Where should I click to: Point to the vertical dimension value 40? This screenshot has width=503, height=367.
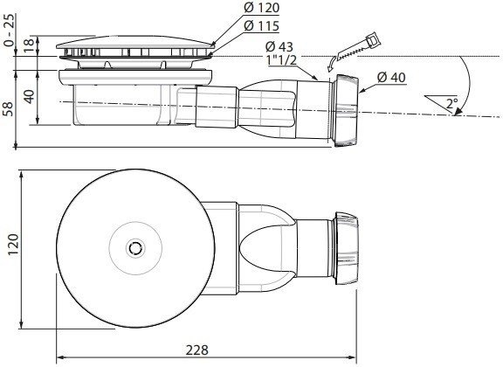point(31,93)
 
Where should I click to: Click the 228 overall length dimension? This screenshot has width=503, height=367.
point(198,349)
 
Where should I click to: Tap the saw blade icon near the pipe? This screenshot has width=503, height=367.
point(360,48)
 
